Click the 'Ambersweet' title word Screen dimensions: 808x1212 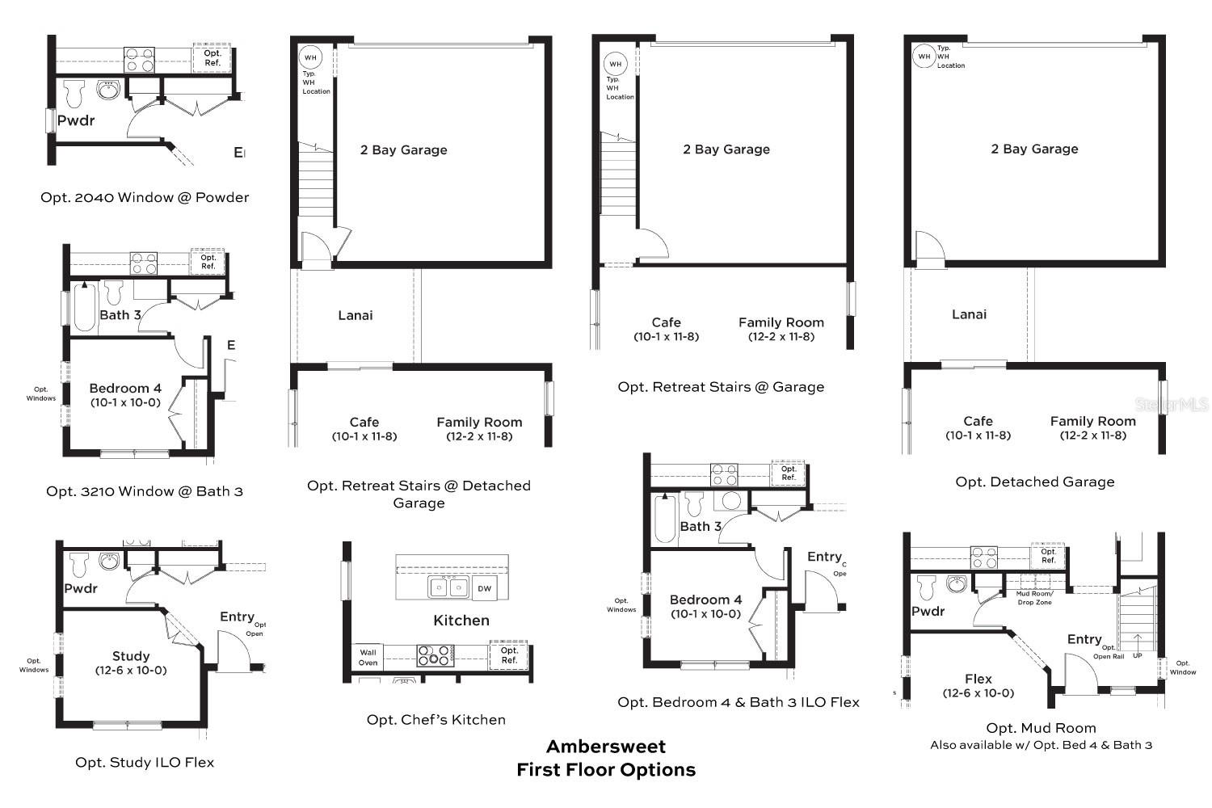606,746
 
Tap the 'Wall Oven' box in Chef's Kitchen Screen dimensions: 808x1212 368,658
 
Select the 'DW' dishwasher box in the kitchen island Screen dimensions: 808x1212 484,588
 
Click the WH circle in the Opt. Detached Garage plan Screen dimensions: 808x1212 924,57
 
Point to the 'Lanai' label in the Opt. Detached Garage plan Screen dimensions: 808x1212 969,314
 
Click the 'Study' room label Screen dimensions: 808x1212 131,656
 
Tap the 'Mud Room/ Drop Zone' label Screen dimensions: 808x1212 1034,598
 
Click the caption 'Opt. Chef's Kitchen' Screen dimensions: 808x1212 436,720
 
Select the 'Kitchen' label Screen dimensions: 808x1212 461,621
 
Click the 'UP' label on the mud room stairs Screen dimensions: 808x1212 1138,655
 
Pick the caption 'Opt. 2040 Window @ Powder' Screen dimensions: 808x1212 145,197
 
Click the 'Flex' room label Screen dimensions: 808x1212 978,679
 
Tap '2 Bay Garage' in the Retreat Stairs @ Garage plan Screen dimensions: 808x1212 726,149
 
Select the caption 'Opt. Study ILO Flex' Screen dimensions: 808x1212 145,762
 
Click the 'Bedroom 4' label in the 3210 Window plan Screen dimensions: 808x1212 125,388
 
